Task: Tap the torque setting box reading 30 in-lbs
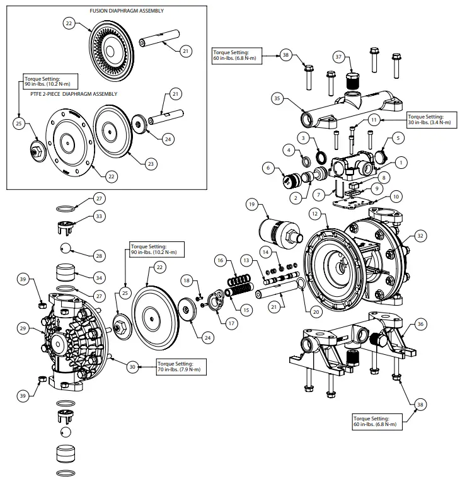428,120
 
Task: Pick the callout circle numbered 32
420,234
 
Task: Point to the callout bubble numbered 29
23,328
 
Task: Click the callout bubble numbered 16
219,260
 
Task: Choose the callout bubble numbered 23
151,163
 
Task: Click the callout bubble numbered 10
396,196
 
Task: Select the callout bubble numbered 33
98,216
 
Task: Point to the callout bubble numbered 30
132,367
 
